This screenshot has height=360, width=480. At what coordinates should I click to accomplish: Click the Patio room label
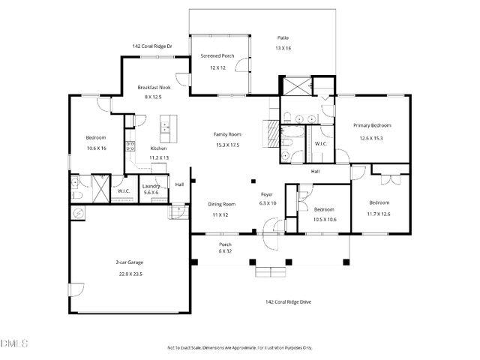pyautogui.click(x=283, y=37)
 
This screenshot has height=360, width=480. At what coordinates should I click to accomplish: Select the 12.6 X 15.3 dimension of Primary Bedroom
pyautogui.click(x=372, y=138)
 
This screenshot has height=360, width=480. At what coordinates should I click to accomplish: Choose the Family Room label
pyautogui.click(x=226, y=133)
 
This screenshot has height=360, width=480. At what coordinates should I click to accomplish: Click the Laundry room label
pyautogui.click(x=151, y=184)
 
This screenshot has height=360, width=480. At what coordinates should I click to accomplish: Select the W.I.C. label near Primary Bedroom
pyautogui.click(x=320, y=143)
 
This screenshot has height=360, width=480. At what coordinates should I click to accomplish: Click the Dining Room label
pyautogui.click(x=222, y=204)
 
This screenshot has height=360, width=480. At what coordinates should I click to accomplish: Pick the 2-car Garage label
pyautogui.click(x=129, y=262)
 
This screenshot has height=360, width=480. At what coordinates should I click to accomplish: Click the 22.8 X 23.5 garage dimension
pyautogui.click(x=129, y=274)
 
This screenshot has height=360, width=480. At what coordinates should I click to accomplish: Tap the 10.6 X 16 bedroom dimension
pyautogui.click(x=95, y=148)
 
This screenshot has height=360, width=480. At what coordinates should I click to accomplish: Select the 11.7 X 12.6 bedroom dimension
pyautogui.click(x=379, y=214)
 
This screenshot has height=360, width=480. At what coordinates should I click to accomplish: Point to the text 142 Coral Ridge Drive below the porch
pyautogui.click(x=289, y=302)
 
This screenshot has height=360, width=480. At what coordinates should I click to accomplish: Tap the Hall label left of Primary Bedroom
pyautogui.click(x=316, y=171)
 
